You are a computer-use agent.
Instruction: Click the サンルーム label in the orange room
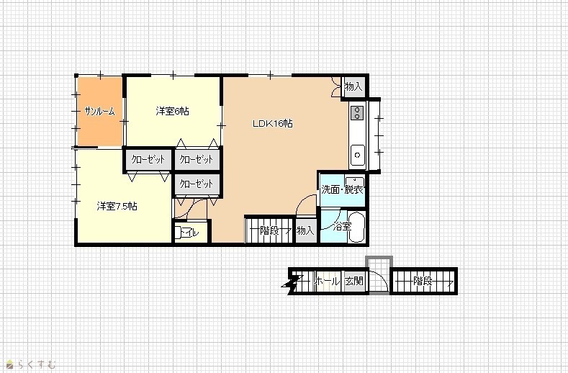click(99, 112)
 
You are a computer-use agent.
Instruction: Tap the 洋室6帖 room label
click(173, 111)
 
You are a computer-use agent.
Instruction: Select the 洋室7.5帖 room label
click(117, 206)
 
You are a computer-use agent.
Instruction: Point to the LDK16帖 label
click(272, 124)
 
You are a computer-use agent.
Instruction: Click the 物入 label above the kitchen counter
click(353, 86)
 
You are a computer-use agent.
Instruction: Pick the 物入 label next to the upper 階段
click(305, 230)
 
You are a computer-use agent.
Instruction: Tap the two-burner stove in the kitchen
click(357, 112)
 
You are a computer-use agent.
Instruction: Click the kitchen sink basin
click(358, 155)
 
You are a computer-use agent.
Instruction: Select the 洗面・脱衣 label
click(342, 189)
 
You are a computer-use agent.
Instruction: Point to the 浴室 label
click(343, 227)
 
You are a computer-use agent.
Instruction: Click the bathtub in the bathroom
click(356, 228)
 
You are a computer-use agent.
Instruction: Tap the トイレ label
click(189, 233)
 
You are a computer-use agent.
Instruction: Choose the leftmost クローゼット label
click(148, 159)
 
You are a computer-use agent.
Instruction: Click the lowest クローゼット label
click(197, 184)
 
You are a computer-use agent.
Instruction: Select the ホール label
click(327, 281)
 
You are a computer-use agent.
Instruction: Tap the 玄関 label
click(353, 281)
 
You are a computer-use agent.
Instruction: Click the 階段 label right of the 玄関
click(423, 281)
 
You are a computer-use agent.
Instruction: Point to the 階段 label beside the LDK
click(269, 230)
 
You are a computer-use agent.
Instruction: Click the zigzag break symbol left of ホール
click(292, 284)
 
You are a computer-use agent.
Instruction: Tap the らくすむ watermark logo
click(31, 364)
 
